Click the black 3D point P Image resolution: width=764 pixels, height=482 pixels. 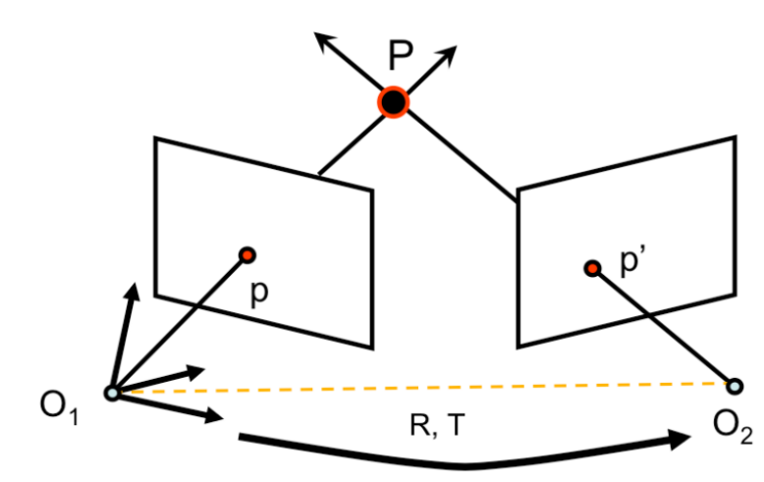[x=394, y=101]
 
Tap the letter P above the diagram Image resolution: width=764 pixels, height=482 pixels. [x=400, y=56]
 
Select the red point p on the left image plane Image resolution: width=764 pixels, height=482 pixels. [x=246, y=255]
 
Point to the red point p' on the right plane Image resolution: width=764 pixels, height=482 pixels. [x=591, y=267]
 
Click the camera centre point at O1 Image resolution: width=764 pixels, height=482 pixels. [x=113, y=392]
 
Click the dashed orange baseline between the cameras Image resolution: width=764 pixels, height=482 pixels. [x=422, y=387]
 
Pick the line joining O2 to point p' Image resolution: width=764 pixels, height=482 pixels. [x=663, y=325]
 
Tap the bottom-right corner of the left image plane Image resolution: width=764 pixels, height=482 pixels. [x=373, y=347]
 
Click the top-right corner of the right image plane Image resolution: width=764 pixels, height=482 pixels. [x=735, y=138]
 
